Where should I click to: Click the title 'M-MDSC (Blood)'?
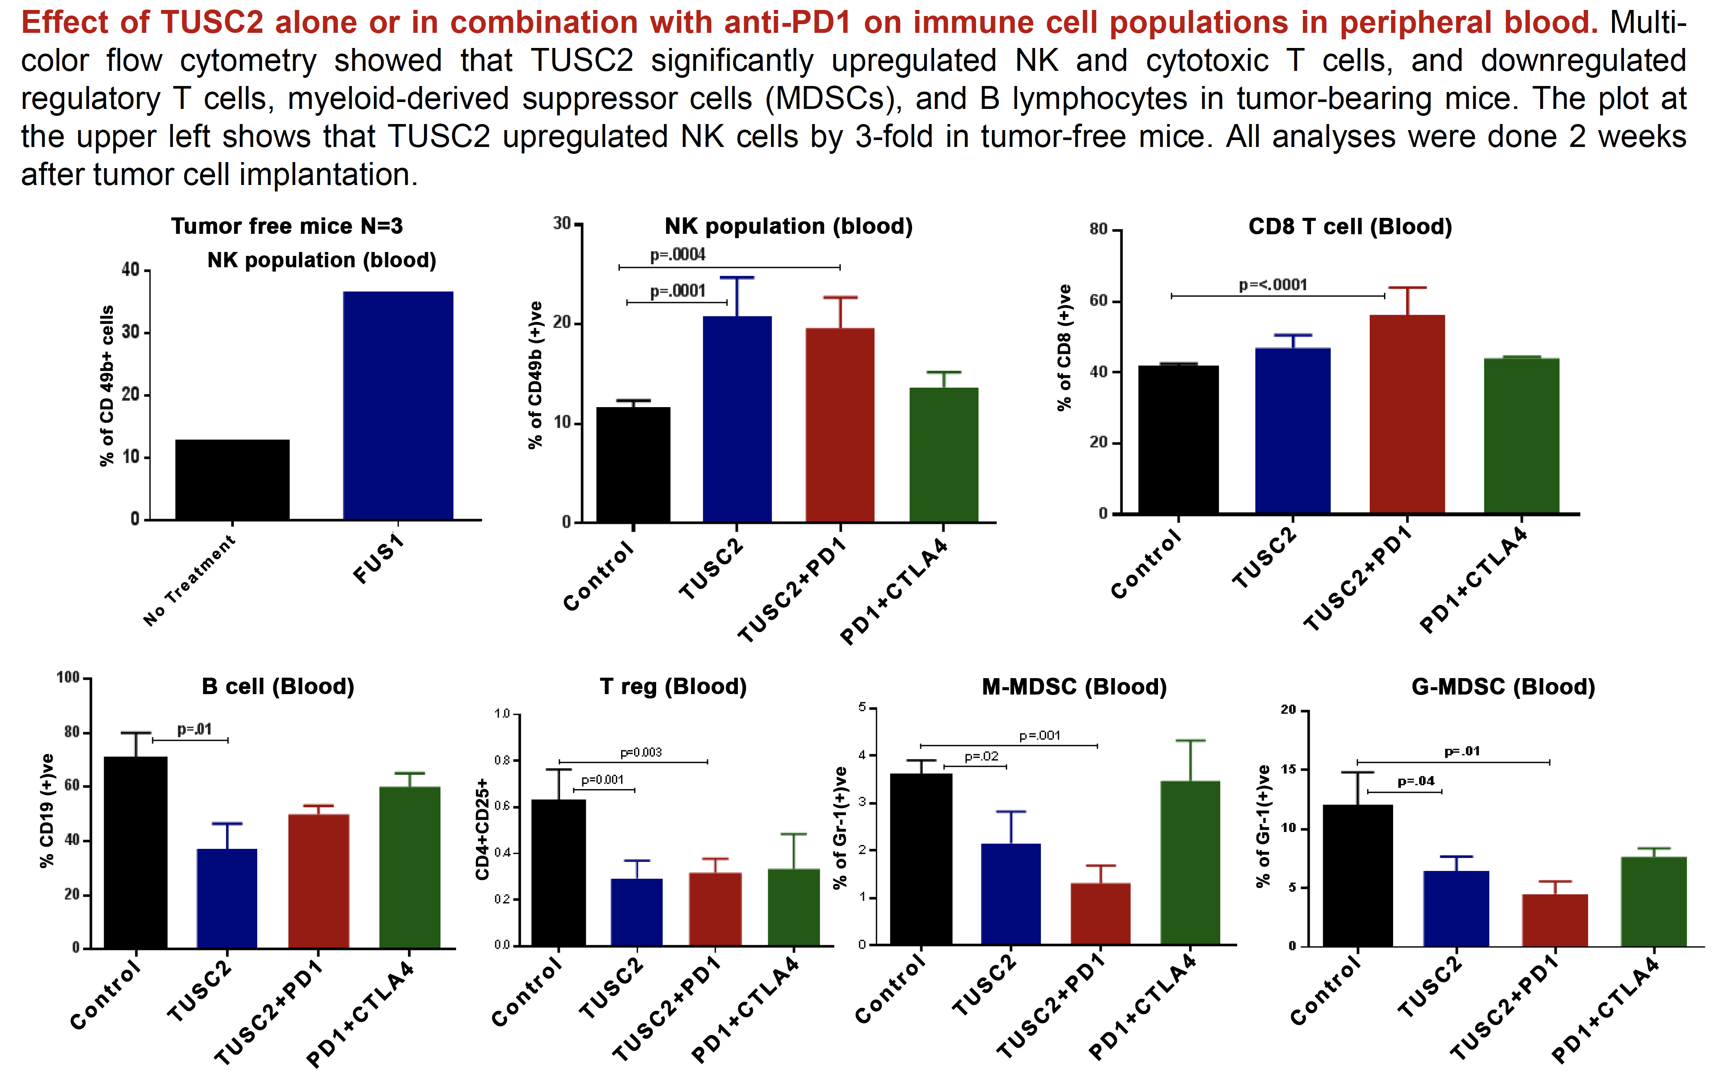coord(1074,687)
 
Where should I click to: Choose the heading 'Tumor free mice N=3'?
coord(287,226)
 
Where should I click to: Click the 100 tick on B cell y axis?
coord(68,677)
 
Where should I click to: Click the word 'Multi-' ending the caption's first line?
coord(1648,23)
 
